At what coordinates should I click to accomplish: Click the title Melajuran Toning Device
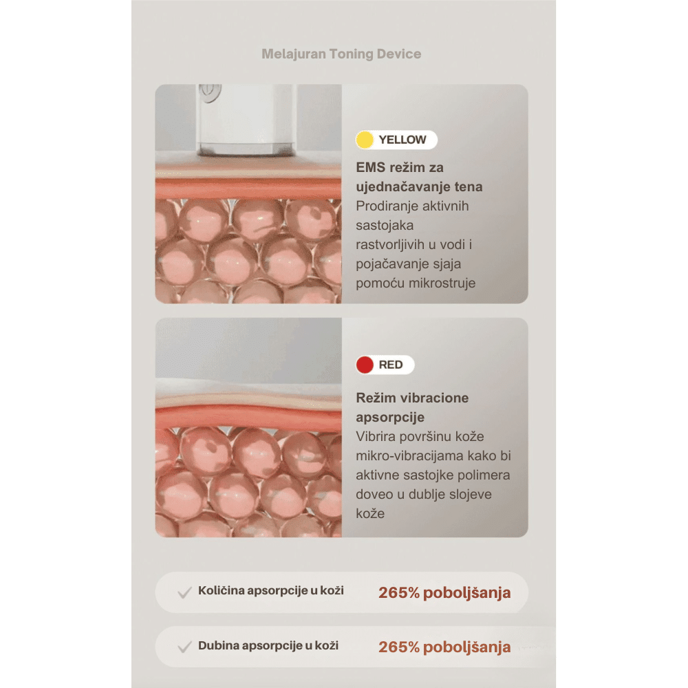(341, 54)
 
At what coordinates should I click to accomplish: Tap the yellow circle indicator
(365, 140)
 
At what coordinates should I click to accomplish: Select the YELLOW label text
(402, 140)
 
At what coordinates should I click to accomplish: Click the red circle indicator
(365, 365)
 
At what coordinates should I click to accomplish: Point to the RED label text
(391, 365)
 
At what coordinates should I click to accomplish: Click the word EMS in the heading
(370, 168)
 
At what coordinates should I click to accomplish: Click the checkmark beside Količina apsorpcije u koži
(184, 592)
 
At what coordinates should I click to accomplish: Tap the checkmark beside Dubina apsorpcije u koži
(184, 647)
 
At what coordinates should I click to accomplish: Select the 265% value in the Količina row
(399, 593)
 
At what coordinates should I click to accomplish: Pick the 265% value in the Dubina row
(399, 647)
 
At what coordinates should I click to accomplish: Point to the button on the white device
(210, 93)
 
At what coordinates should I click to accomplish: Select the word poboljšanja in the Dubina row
(467, 647)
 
